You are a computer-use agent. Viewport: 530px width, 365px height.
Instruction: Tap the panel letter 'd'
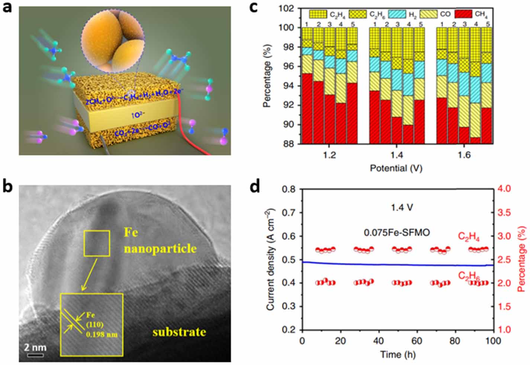click(x=255, y=187)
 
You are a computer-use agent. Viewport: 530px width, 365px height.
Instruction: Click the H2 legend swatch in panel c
click(x=397, y=14)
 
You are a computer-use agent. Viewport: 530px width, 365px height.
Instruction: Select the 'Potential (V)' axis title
click(x=396, y=168)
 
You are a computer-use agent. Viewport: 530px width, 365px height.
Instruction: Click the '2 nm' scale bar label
click(x=35, y=348)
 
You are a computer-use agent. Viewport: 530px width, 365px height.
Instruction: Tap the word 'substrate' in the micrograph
click(x=179, y=332)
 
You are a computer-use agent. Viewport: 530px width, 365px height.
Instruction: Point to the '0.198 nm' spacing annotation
click(x=102, y=335)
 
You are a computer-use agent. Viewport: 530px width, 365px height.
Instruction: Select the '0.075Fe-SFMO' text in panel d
click(x=396, y=233)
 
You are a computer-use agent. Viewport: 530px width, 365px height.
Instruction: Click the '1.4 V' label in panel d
click(x=401, y=207)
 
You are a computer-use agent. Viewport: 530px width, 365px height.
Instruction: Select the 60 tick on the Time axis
click(x=417, y=341)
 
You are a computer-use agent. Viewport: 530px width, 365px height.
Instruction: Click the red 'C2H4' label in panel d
click(x=469, y=237)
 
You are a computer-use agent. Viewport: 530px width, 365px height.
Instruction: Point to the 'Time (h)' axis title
click(x=398, y=355)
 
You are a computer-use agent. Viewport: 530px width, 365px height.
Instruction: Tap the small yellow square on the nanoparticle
click(x=97, y=243)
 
